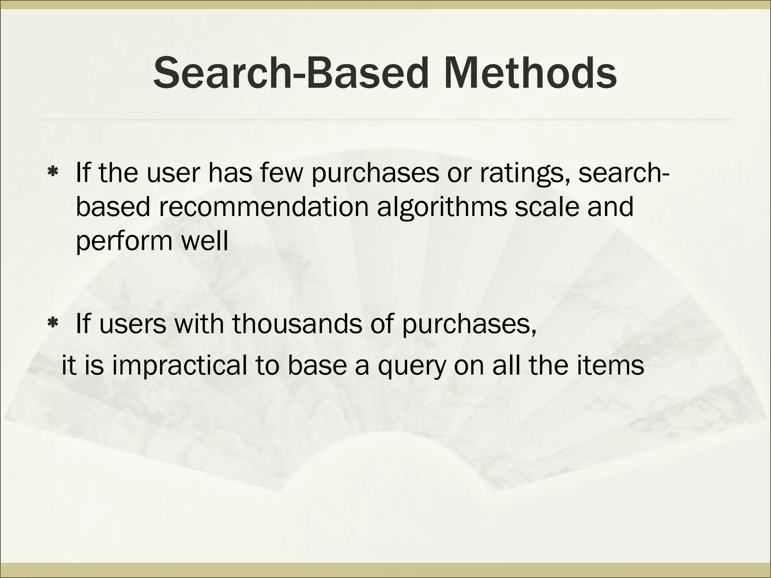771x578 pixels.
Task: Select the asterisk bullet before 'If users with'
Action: [x=52, y=323]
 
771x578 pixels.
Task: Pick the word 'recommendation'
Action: [x=264, y=207]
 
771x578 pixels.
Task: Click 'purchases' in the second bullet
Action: [x=469, y=325]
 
